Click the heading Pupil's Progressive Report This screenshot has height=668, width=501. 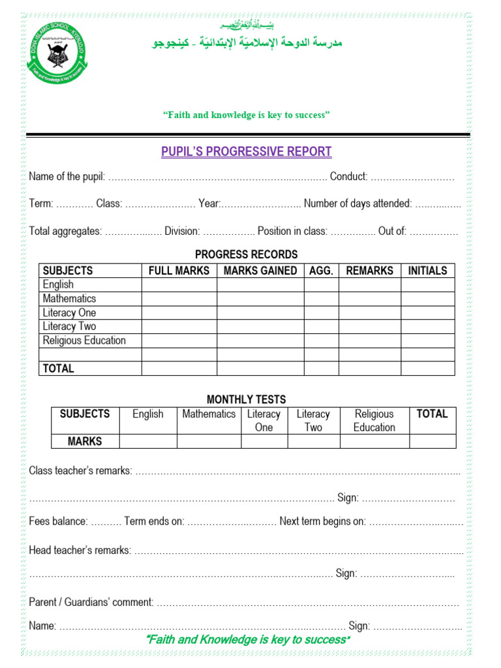[x=247, y=152]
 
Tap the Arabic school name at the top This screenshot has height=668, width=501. [x=247, y=42]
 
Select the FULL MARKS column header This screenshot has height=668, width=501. [x=179, y=271]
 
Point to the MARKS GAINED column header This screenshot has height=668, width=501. [x=260, y=271]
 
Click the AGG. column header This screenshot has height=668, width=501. [x=321, y=271]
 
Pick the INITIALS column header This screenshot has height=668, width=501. [x=427, y=271]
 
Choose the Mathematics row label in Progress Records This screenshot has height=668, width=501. [x=69, y=299]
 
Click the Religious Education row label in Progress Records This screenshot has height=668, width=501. [x=84, y=341]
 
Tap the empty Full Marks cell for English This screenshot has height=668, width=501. [x=179, y=285]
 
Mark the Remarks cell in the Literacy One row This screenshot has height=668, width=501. [x=369, y=312]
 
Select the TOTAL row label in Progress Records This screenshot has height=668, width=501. [x=59, y=369]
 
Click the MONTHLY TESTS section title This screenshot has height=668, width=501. [x=246, y=399]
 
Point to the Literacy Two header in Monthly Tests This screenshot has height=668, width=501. [x=313, y=420]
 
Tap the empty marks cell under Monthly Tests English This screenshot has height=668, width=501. [x=148, y=442]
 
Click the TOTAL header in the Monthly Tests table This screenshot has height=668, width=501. [x=432, y=414]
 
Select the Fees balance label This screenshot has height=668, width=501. [x=58, y=521]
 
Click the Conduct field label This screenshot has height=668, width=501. [x=349, y=176]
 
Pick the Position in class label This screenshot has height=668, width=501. [x=293, y=231]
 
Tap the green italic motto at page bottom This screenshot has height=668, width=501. [x=247, y=639]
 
